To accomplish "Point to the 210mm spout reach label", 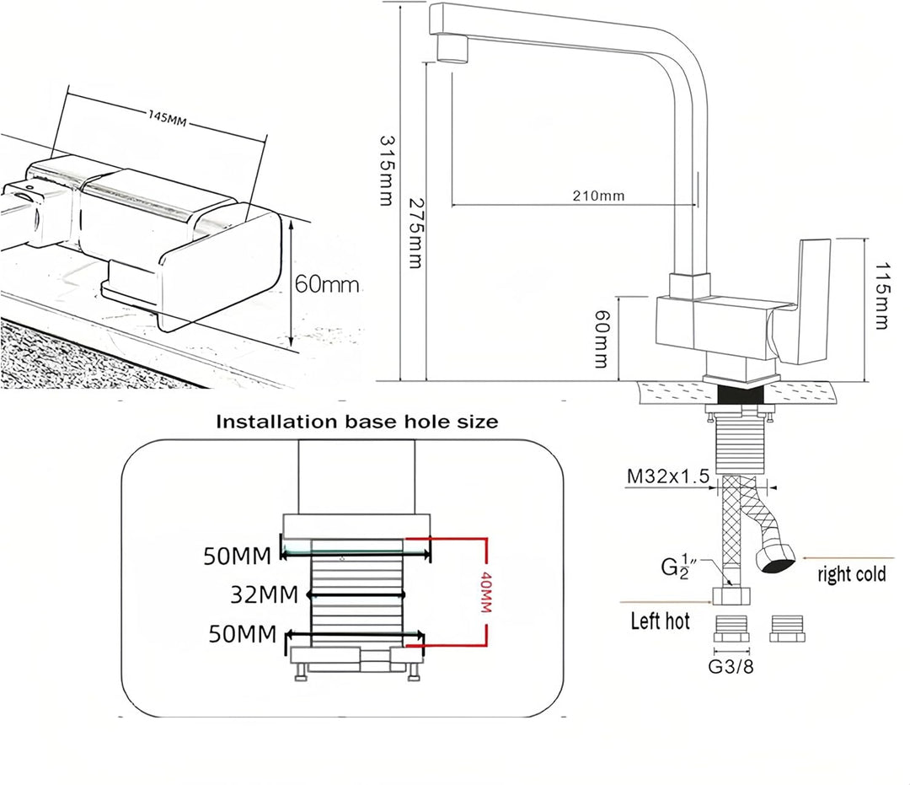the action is (598, 196).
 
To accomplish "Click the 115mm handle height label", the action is (882, 296).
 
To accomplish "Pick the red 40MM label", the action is (486, 592).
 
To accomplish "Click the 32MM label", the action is (264, 594).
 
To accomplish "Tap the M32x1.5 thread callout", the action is (668, 476).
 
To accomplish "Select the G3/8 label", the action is (731, 667).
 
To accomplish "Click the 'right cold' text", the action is (851, 573).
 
